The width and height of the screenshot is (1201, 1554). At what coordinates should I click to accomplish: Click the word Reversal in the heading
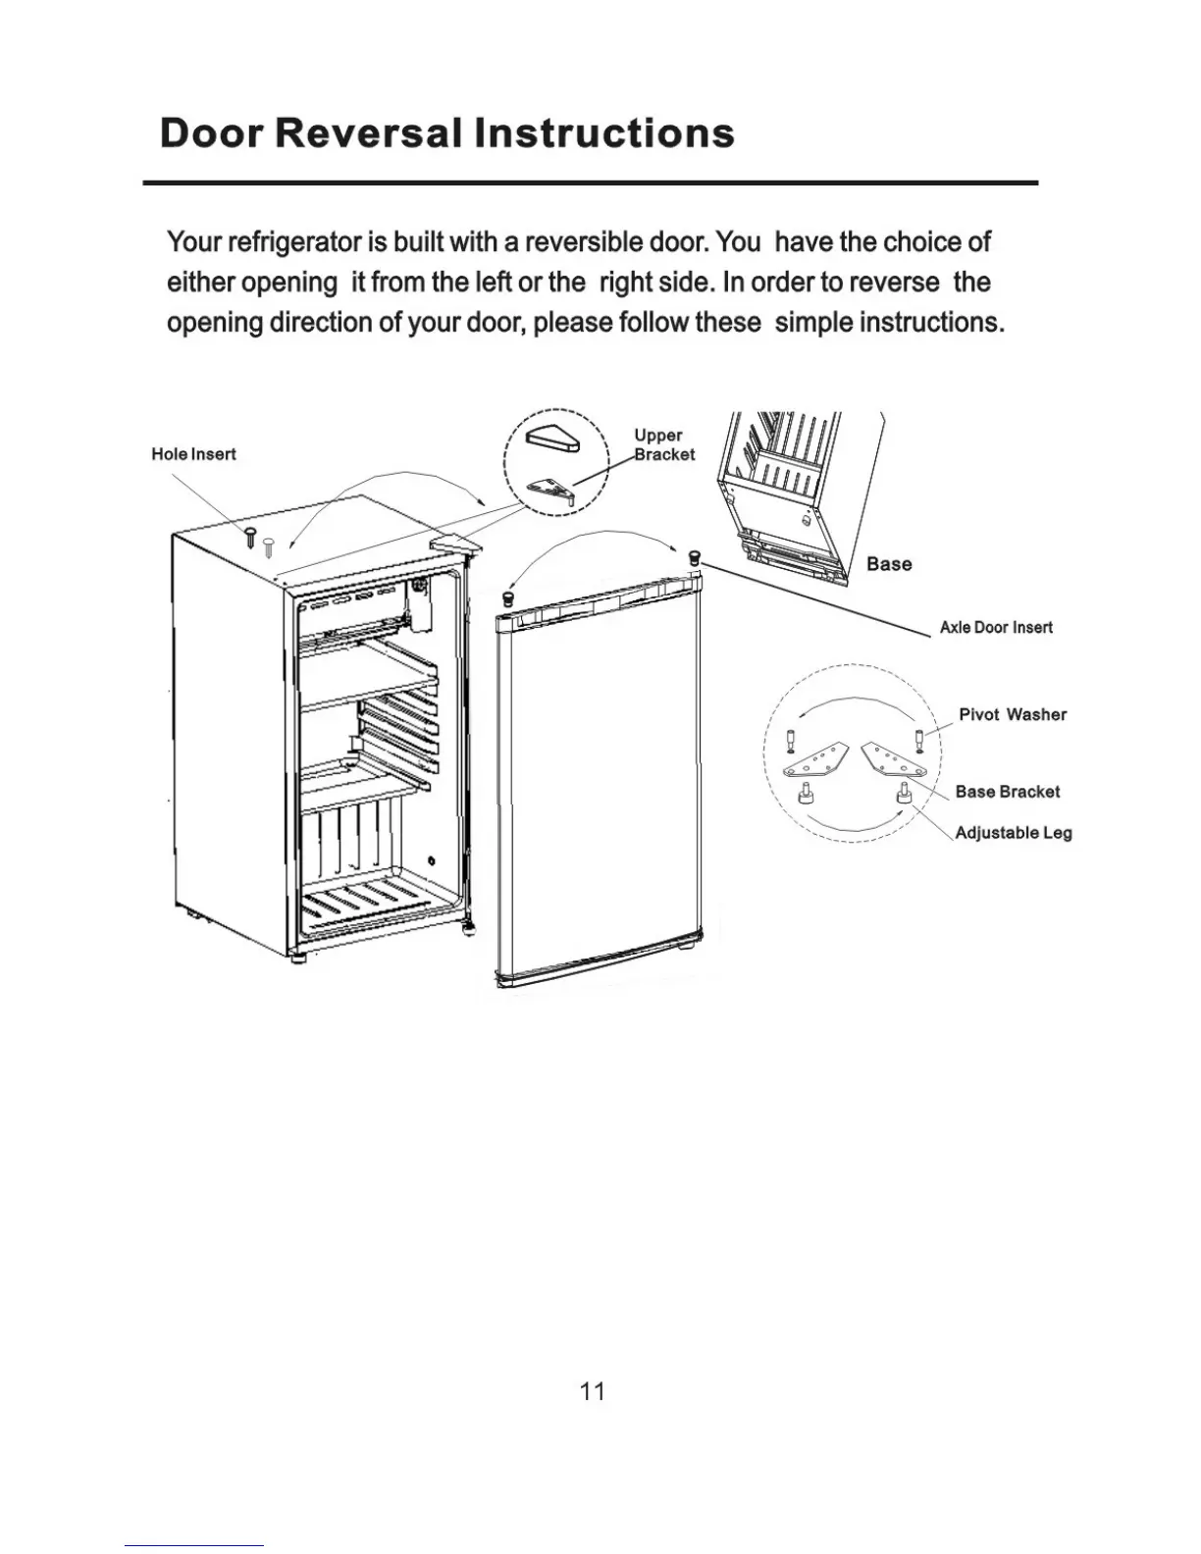[x=372, y=133]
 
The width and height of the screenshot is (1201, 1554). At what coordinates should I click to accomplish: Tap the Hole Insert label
[x=193, y=454]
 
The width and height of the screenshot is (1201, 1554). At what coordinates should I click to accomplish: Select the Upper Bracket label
[x=663, y=444]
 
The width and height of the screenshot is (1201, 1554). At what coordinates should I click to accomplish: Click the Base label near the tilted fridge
[x=889, y=564]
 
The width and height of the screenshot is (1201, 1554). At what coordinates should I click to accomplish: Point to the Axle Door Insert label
[x=996, y=628]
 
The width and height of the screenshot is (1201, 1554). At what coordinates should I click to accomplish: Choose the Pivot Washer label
[x=1013, y=715]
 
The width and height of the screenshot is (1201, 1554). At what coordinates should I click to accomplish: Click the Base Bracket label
[x=1008, y=792]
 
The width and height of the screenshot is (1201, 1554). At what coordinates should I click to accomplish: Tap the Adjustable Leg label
[x=1014, y=833]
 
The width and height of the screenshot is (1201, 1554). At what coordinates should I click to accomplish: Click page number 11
[x=593, y=1391]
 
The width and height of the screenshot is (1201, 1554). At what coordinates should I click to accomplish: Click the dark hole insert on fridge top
[x=250, y=537]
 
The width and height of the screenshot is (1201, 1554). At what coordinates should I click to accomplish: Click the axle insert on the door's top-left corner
[x=508, y=597]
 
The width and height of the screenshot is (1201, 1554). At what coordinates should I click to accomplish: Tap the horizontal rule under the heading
[x=590, y=183]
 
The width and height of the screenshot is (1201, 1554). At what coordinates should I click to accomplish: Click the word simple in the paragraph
[x=813, y=323]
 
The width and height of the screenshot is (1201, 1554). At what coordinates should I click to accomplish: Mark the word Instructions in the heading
[x=604, y=133]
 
